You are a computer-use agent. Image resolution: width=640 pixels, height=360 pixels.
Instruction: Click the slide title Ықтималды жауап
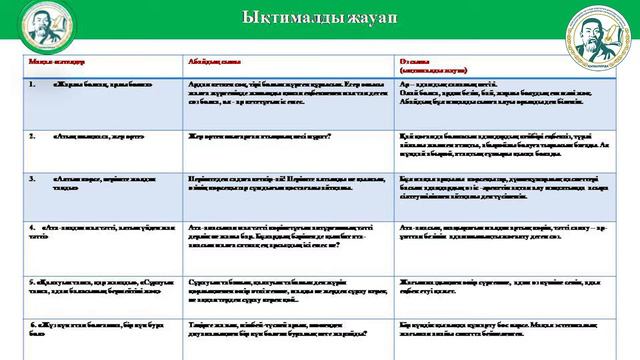tap(319, 20)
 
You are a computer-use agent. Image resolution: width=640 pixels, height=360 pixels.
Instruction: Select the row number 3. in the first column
tap(32, 175)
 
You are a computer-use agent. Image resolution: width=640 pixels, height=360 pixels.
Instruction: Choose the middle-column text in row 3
tap(270, 180)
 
